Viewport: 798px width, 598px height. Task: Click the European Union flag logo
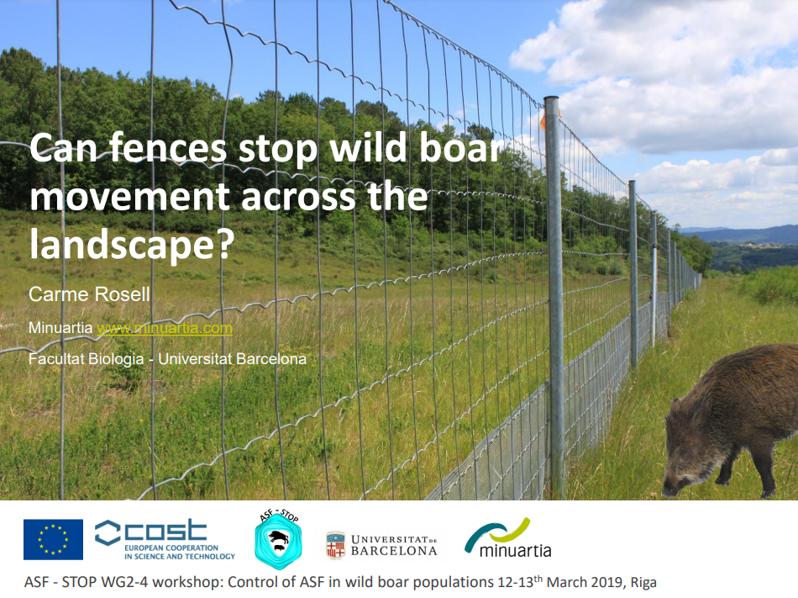53,539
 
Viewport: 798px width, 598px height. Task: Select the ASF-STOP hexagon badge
278,541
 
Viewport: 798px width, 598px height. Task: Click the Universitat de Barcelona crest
335,545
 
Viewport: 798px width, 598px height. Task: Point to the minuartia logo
508,538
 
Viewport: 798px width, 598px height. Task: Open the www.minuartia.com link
165,327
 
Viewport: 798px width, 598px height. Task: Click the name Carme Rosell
89,294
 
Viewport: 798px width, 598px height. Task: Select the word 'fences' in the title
167,148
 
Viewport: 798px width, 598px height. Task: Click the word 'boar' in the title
460,148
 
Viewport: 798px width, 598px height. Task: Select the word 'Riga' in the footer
643,582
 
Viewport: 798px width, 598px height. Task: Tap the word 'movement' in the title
129,197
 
